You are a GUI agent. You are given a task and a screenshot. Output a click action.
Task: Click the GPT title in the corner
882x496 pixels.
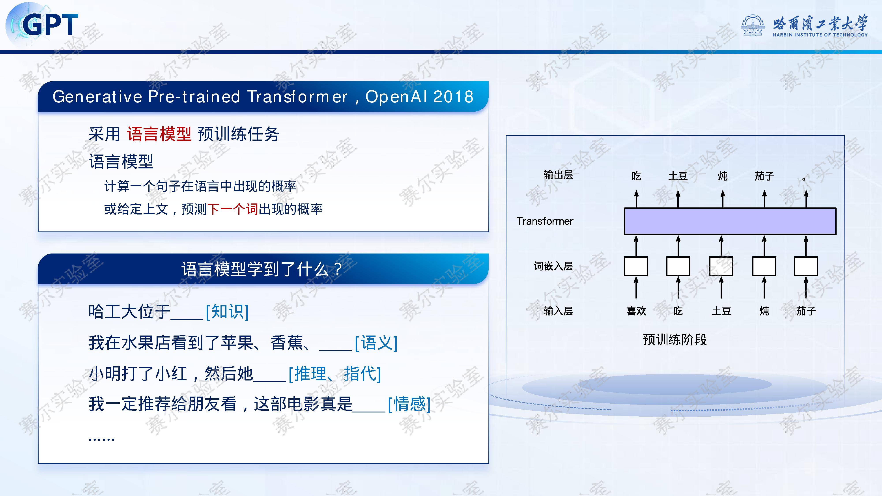pos(50,25)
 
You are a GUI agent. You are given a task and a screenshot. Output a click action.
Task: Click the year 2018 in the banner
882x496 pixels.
pos(453,97)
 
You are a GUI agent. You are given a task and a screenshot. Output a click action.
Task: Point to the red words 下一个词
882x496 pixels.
pos(233,209)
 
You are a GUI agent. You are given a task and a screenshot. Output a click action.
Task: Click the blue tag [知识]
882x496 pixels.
pos(227,311)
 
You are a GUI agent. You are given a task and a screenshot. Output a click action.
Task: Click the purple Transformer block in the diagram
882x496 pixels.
pos(730,221)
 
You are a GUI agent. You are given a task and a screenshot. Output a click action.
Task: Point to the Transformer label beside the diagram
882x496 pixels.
pos(545,221)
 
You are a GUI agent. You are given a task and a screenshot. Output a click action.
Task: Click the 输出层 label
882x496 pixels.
pos(558,175)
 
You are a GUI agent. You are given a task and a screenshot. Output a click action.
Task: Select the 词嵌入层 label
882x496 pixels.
pos(553,266)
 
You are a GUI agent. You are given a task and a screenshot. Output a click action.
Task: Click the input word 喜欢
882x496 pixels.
pos(636,311)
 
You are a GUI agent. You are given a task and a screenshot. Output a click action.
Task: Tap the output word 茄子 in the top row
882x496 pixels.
pos(764,176)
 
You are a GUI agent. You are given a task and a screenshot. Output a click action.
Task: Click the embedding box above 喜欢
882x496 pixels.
pos(636,266)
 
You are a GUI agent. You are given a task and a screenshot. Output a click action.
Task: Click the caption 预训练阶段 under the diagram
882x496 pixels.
pos(675,339)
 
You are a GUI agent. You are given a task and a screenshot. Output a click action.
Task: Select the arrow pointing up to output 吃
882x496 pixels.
pos(636,199)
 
